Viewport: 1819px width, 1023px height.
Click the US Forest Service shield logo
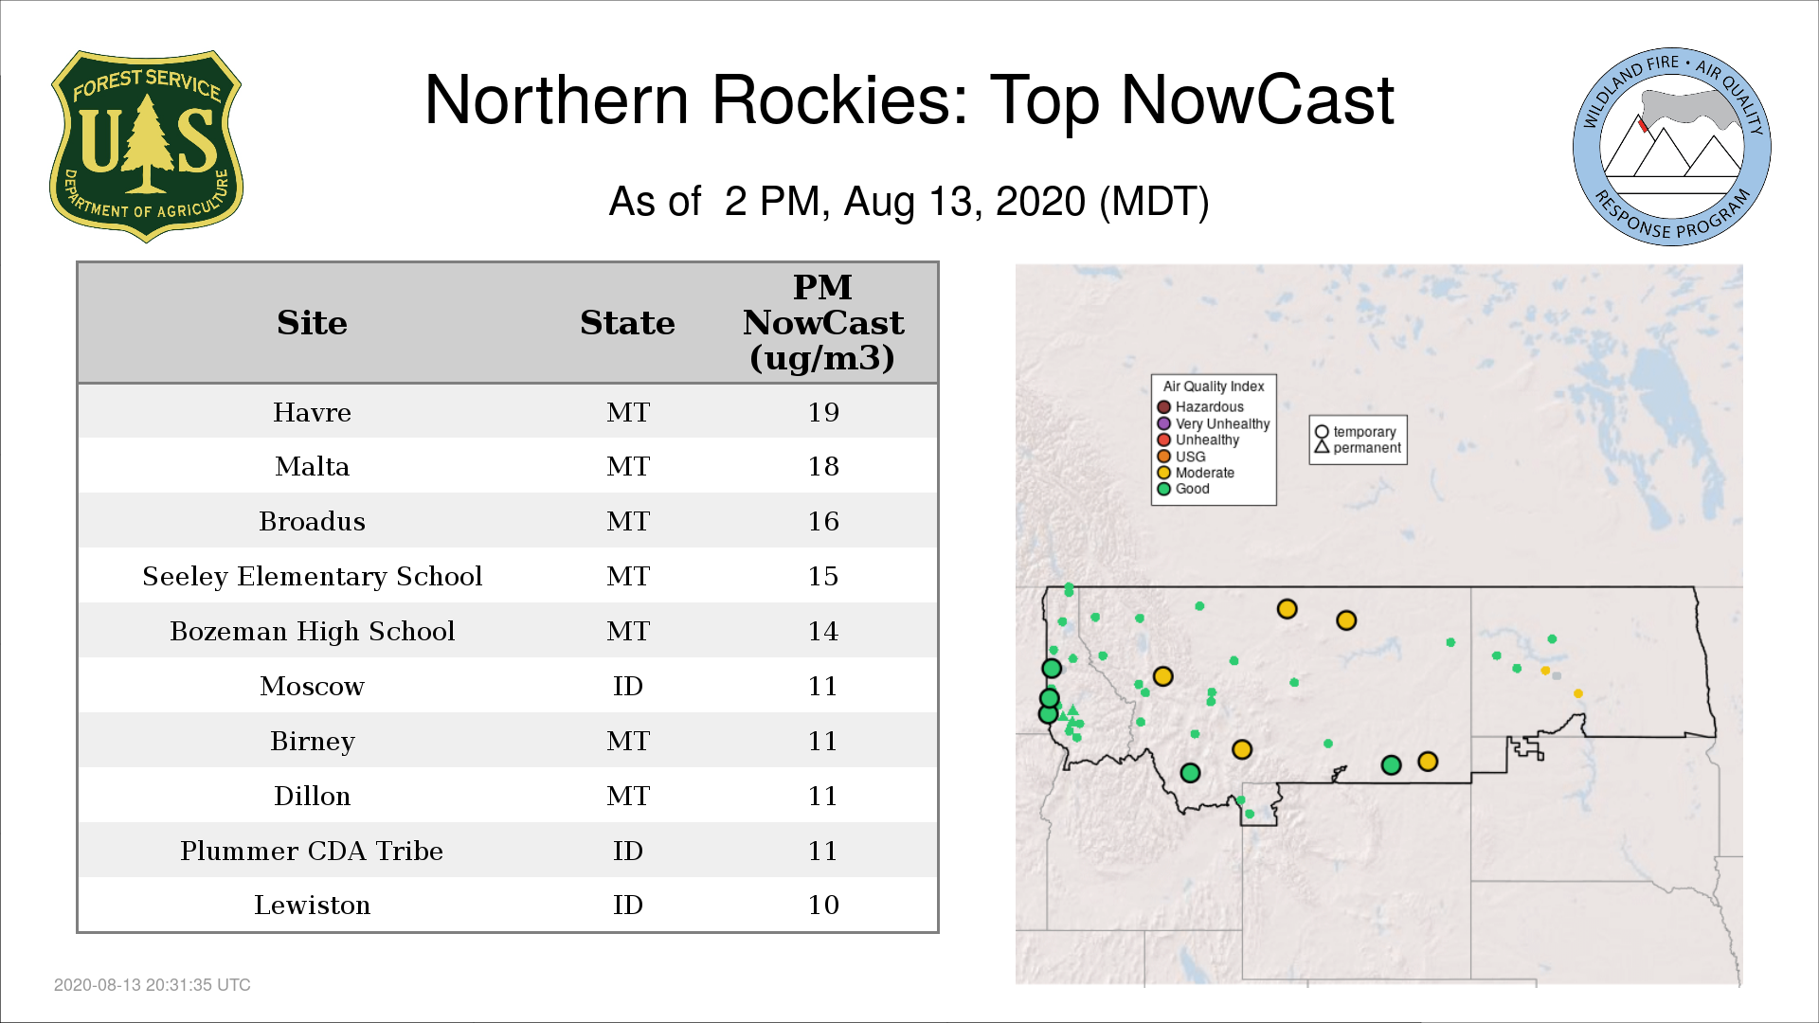(146, 147)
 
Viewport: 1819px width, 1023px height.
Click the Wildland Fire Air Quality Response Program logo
(1672, 147)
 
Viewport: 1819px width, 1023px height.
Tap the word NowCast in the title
(1257, 99)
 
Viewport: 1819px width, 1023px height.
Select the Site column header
(312, 323)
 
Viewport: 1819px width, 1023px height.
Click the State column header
(627, 323)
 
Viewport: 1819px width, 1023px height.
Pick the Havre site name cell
(312, 412)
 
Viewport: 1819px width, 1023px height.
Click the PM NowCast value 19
(823, 412)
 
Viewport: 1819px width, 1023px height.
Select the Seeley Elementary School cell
(312, 576)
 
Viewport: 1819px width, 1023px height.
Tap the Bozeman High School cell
(312, 631)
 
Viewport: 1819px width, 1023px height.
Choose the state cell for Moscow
(627, 686)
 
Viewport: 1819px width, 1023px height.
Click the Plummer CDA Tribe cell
(312, 851)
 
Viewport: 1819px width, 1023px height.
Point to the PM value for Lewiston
(823, 905)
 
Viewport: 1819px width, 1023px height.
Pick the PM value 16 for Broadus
(823, 521)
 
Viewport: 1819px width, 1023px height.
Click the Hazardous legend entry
(1200, 407)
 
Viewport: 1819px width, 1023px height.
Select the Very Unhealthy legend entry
(1214, 423)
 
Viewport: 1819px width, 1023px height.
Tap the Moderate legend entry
(1196, 473)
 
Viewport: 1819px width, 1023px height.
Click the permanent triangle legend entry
(1358, 447)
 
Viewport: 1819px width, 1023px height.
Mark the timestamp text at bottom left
(153, 985)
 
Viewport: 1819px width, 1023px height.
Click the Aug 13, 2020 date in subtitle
(964, 202)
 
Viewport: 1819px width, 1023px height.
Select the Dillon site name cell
(312, 796)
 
